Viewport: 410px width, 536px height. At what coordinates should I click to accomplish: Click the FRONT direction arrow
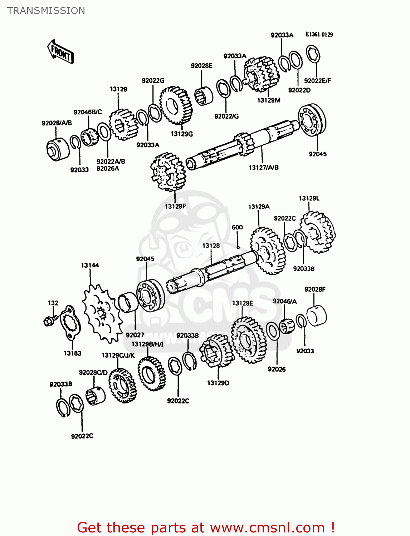[60, 52]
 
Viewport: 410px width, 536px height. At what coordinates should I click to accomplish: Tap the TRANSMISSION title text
[46, 11]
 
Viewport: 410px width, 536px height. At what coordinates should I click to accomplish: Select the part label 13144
[89, 265]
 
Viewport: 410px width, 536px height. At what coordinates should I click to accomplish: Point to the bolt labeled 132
[49, 321]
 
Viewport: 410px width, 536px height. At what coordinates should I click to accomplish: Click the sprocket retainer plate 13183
[70, 323]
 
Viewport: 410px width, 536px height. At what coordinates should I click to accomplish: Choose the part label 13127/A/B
[263, 167]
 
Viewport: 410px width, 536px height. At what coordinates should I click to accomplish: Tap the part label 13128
[211, 245]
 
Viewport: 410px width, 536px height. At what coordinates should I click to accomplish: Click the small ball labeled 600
[238, 247]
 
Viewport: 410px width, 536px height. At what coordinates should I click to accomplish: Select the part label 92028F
[315, 289]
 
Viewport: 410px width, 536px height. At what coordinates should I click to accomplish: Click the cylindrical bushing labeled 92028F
[317, 316]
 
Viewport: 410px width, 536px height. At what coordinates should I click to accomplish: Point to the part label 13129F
[175, 206]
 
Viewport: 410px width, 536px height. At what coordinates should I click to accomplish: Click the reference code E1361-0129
[319, 34]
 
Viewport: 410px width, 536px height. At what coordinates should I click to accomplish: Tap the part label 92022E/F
[317, 81]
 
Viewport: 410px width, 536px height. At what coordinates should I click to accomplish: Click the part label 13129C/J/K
[118, 355]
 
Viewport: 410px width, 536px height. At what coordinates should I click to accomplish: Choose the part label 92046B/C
[88, 112]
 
